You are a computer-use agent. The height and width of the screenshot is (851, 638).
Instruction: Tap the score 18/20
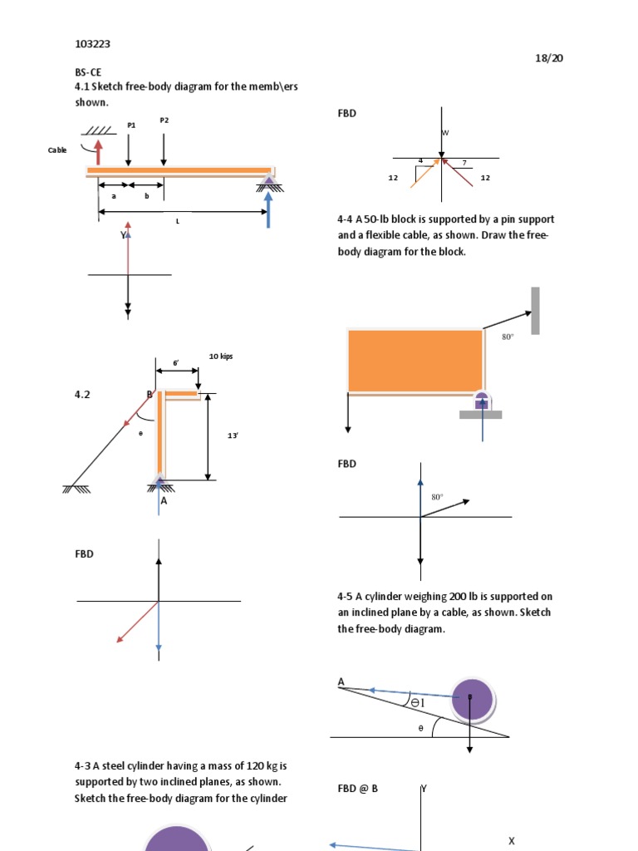pos(550,58)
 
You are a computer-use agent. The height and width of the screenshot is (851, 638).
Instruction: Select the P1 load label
pos(131,125)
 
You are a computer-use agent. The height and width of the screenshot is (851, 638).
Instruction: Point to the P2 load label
pos(164,121)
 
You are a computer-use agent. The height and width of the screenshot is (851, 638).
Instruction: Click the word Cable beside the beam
pos(57,150)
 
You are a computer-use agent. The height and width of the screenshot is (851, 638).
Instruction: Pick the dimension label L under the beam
pos(178,222)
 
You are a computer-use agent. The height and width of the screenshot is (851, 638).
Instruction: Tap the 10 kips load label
pos(221,357)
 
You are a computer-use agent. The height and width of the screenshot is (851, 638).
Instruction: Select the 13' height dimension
pos(233,435)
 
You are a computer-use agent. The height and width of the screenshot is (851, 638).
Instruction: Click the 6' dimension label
pos(176,363)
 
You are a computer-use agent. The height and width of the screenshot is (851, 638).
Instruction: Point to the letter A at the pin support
pos(164,501)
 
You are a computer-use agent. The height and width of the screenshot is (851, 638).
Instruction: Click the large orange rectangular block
pos(415,361)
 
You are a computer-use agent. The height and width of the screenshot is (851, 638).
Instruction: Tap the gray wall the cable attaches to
pos(536,311)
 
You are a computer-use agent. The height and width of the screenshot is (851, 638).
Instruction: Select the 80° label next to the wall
pos(508,337)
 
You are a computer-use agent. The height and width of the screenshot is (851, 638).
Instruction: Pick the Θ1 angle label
pos(417,703)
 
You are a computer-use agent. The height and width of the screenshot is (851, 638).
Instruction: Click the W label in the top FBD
pos(445,133)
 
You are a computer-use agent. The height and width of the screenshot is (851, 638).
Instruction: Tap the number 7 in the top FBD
pos(464,162)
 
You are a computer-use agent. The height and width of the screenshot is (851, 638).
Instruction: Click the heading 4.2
pos(82,396)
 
